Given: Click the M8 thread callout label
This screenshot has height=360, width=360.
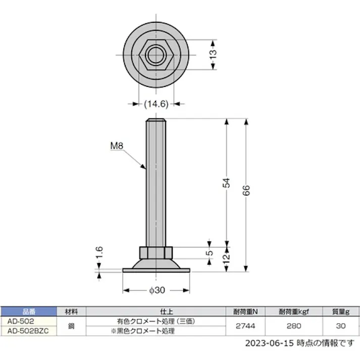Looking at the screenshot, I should (117, 147).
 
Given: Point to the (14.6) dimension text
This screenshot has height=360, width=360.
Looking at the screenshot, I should (156, 104).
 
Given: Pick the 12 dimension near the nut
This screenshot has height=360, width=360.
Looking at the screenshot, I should (226, 259).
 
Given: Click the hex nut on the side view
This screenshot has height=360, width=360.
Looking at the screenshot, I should (156, 252).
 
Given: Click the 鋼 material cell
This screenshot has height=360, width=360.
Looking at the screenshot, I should (71, 326).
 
